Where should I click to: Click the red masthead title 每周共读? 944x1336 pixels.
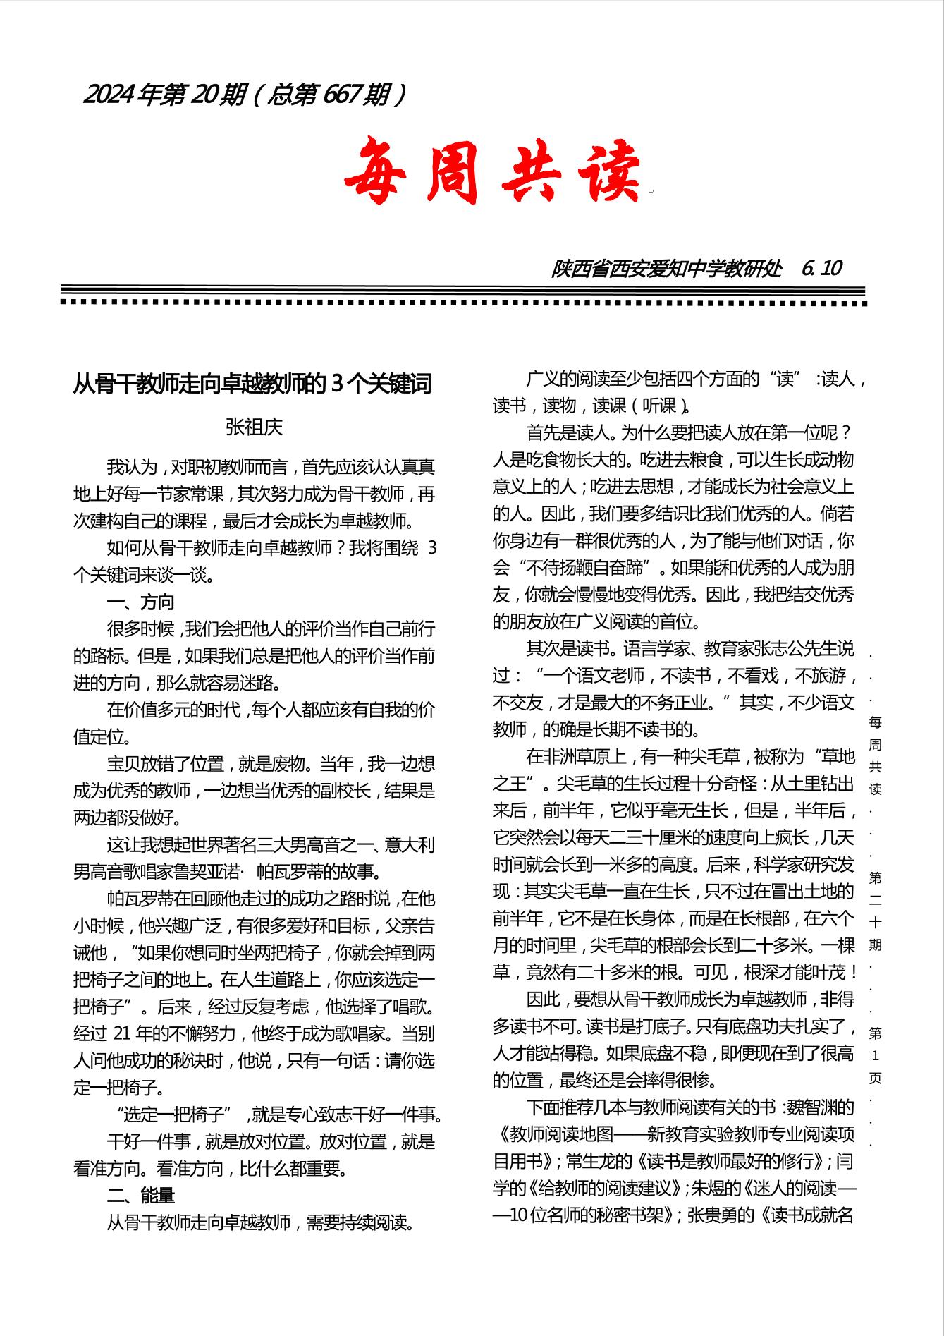tap(494, 171)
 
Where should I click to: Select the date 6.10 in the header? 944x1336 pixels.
tap(822, 269)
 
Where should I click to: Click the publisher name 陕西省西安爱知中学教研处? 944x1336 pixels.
tap(666, 269)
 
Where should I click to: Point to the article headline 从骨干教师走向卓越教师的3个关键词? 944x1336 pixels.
tap(252, 384)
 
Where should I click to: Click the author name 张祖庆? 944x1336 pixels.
tap(254, 427)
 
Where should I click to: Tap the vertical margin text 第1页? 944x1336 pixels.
tap(875, 1056)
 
